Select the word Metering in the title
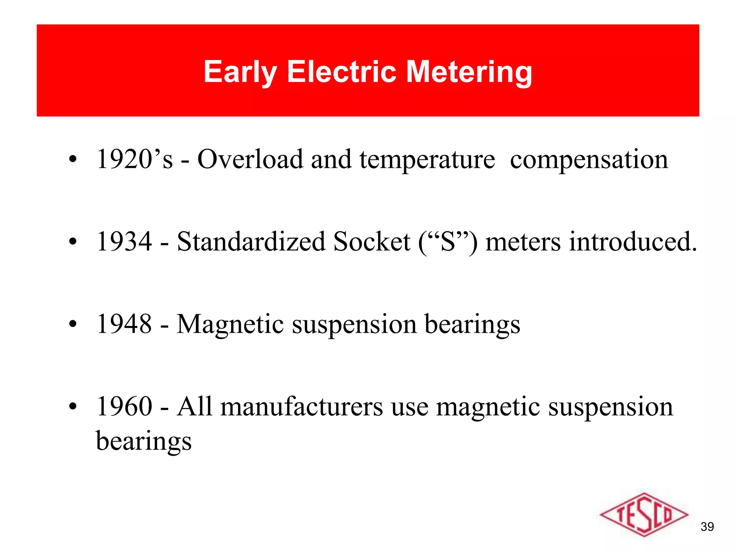(x=469, y=72)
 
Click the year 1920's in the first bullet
(x=135, y=159)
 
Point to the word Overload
(x=250, y=159)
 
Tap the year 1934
(x=124, y=241)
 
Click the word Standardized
(x=251, y=241)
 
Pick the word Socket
(x=372, y=241)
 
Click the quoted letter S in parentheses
(x=448, y=241)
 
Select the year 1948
(x=124, y=324)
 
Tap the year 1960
(x=124, y=406)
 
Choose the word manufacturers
(x=302, y=406)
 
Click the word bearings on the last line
(x=144, y=442)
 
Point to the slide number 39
(x=707, y=527)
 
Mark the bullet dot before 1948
(x=73, y=324)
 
